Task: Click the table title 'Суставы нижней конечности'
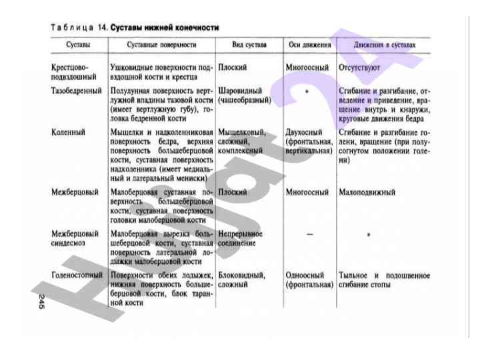pyautogui.click(x=165, y=27)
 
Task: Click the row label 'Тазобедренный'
pyautogui.click(x=76, y=90)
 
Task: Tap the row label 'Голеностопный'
pyautogui.click(x=77, y=275)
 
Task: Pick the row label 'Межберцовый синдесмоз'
pyautogui.click(x=75, y=239)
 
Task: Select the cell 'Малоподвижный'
pyautogui.click(x=367, y=192)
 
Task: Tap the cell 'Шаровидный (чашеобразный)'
pyautogui.click(x=244, y=95)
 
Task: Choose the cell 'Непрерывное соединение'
pyautogui.click(x=240, y=239)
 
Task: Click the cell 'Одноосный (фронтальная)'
pyautogui.click(x=309, y=279)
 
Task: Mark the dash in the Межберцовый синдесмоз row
pyautogui.click(x=309, y=235)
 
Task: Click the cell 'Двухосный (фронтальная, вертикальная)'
pyautogui.click(x=309, y=141)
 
